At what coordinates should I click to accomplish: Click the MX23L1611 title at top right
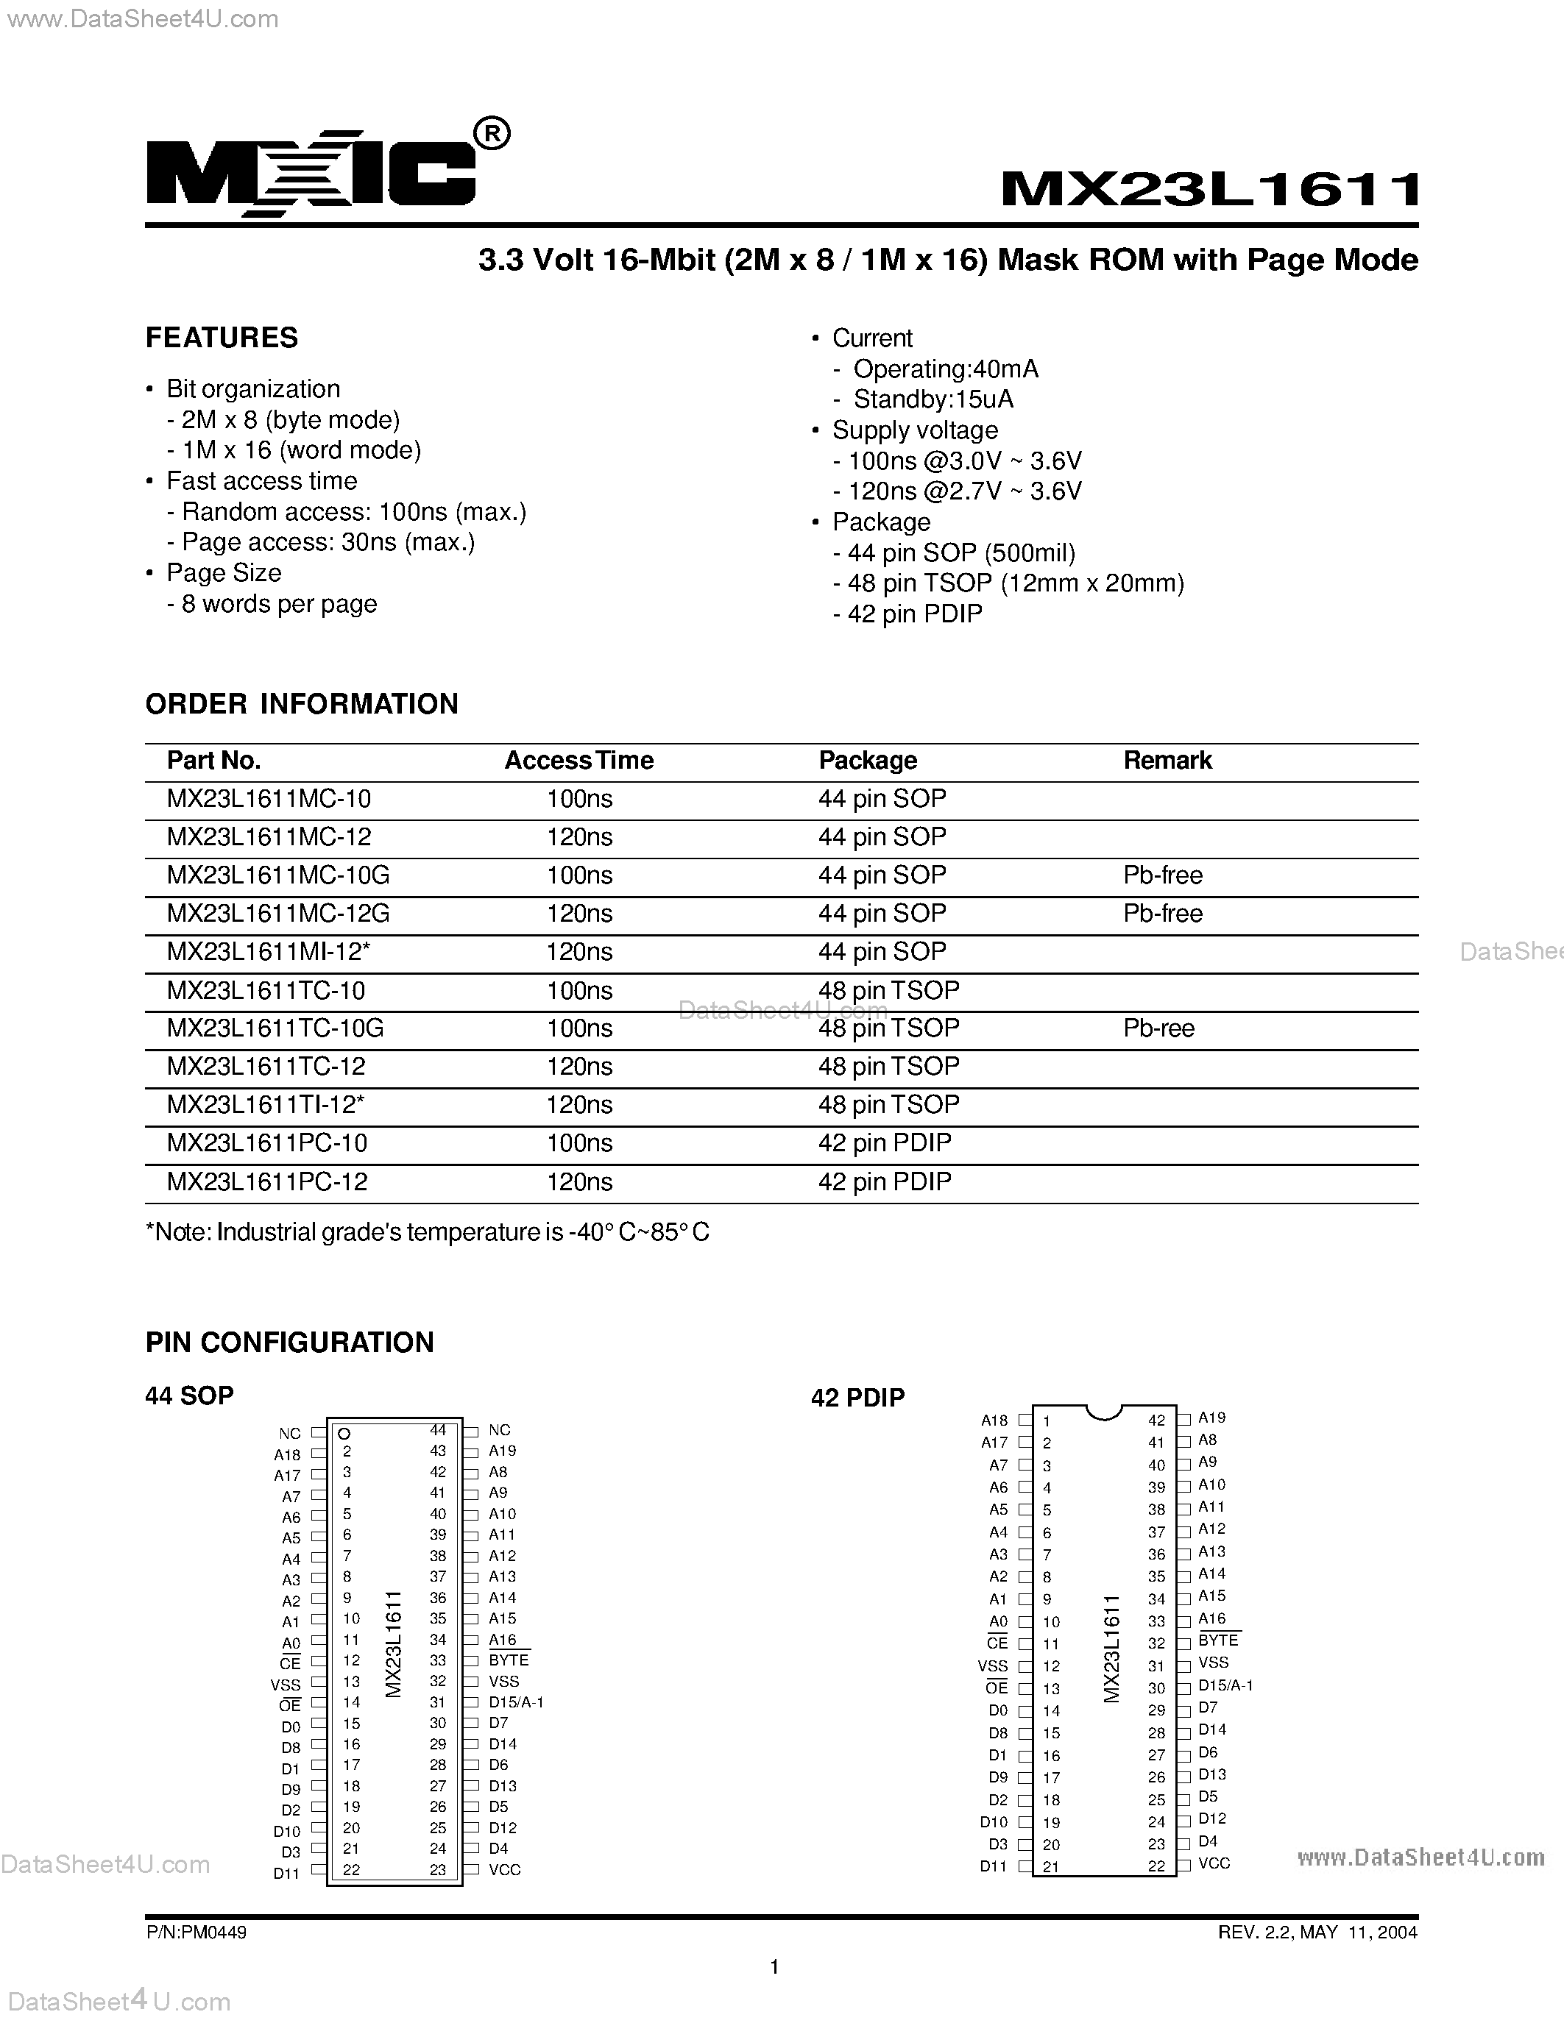tap(1210, 190)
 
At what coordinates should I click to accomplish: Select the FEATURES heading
tap(222, 337)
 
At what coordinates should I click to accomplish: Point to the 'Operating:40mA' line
tap(945, 369)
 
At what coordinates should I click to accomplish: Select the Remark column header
tap(1167, 761)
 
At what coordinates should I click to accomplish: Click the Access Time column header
tap(578, 761)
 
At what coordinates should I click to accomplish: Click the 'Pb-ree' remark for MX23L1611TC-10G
tap(1158, 1028)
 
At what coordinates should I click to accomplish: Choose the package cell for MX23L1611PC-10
tap(884, 1143)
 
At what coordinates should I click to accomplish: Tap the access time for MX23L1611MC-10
tap(579, 798)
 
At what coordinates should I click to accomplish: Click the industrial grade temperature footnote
tap(427, 1232)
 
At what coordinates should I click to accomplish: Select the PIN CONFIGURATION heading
tap(289, 1343)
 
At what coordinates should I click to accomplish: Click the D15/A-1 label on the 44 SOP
tap(516, 1702)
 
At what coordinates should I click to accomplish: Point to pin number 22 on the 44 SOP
tap(351, 1869)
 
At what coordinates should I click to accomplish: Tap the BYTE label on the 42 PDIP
tap(1217, 1640)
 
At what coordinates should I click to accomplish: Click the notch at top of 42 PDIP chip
tap(1103, 1412)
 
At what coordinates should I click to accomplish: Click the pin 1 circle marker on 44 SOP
tap(344, 1433)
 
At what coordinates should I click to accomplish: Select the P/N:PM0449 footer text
tap(196, 1933)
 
